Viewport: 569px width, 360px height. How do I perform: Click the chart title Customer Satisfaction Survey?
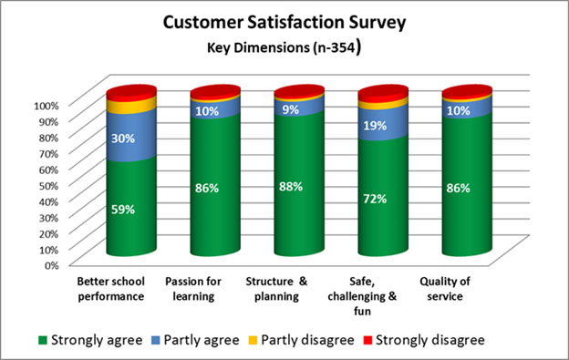pyautogui.click(x=285, y=22)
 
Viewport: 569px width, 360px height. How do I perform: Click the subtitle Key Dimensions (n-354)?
pyautogui.click(x=285, y=46)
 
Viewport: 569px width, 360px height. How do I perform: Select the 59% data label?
pyautogui.click(x=123, y=209)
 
